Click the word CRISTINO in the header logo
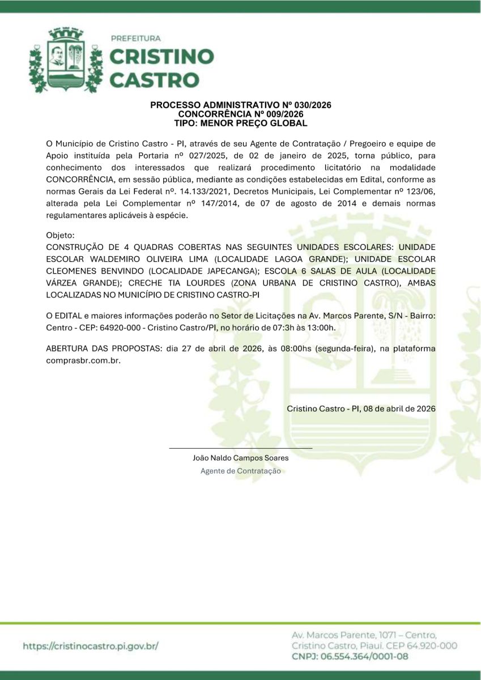coord(161,57)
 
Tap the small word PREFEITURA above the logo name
coord(136,38)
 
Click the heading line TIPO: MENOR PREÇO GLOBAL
coord(241,122)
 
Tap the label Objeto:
coord(60,235)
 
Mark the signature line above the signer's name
coord(241,448)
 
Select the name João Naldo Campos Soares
coord(241,458)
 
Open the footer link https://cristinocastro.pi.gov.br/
coord(91,645)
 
